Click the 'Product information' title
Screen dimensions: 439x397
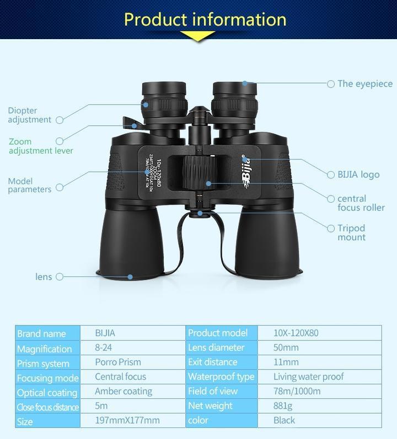(x=205, y=19)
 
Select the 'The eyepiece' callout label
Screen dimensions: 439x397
(x=365, y=84)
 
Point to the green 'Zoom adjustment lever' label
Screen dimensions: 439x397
(x=41, y=146)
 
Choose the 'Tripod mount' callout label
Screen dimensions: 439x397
(x=351, y=232)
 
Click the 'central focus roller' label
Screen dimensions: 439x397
(x=361, y=203)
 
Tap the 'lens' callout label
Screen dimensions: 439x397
(x=44, y=277)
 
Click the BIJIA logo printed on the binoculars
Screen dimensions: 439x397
(x=245, y=170)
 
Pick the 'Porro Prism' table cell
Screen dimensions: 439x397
(x=118, y=362)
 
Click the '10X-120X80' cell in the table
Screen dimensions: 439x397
(x=296, y=333)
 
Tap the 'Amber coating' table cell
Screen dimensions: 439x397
(x=124, y=391)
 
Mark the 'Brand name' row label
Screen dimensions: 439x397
(x=41, y=333)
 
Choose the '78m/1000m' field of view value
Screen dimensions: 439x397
(x=297, y=391)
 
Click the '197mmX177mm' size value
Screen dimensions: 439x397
(x=127, y=420)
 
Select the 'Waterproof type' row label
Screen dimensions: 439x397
(x=221, y=377)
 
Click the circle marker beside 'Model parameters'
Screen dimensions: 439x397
(x=60, y=187)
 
